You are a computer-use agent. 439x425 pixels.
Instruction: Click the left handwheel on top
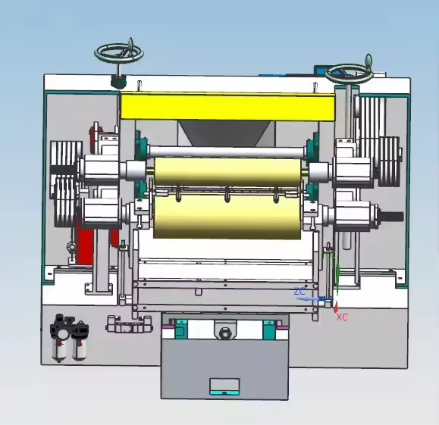click(119, 52)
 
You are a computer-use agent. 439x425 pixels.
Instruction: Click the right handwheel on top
click(348, 73)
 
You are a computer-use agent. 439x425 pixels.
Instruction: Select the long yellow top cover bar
click(227, 107)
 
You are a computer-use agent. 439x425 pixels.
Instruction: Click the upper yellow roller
click(227, 172)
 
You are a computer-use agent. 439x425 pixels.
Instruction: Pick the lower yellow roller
click(227, 217)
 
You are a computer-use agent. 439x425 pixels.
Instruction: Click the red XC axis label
click(342, 317)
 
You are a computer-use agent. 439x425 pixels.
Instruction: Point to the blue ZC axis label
click(299, 292)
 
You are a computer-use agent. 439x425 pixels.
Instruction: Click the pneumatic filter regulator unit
click(69, 337)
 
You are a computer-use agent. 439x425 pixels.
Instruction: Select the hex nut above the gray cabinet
click(224, 333)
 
